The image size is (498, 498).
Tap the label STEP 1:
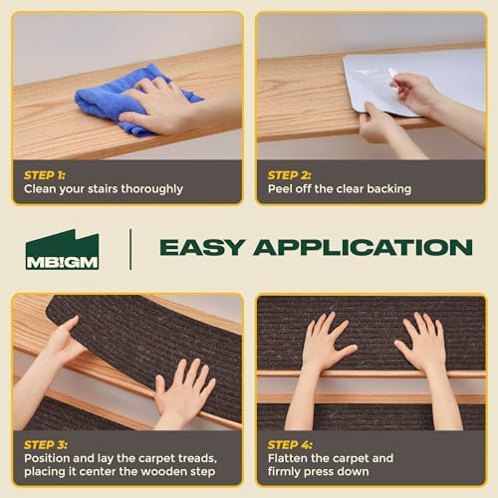[x=46, y=174]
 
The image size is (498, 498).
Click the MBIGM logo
[x=62, y=249]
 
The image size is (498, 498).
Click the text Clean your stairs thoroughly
[x=104, y=188]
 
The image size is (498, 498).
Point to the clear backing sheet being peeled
[x=369, y=80]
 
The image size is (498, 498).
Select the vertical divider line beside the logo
[x=130, y=248]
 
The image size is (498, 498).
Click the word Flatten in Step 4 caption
[x=291, y=458]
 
